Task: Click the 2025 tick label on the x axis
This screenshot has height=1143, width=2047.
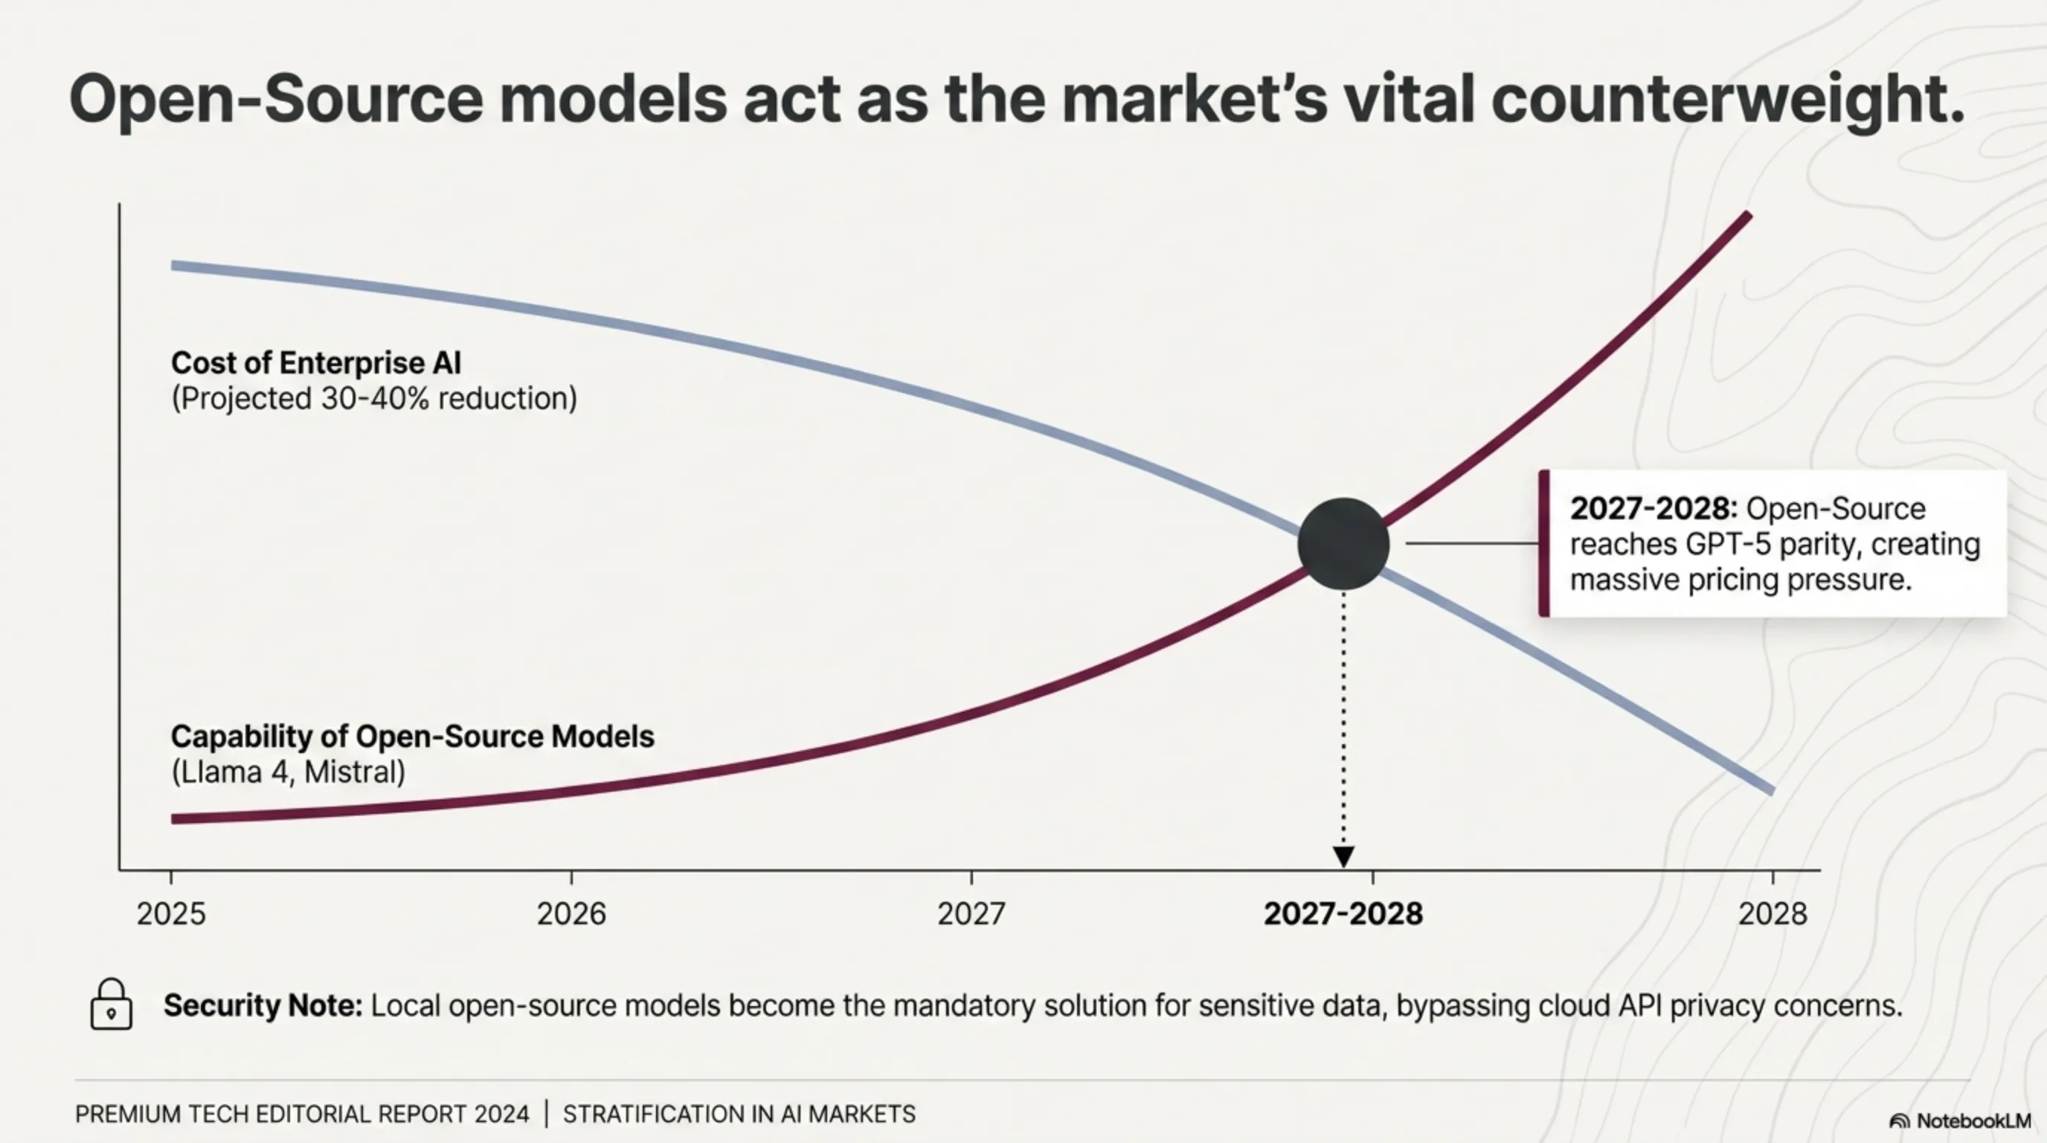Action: [171, 914]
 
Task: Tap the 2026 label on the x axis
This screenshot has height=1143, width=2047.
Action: [571, 914]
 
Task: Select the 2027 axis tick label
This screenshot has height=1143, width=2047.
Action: [971, 914]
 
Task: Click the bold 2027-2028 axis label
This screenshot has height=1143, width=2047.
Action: [1343, 914]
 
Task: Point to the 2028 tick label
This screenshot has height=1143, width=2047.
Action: [1772, 914]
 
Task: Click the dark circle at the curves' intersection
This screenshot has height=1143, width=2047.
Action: [1343, 544]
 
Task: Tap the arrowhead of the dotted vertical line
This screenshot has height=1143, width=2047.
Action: [1343, 856]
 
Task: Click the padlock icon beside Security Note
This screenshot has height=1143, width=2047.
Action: [112, 1005]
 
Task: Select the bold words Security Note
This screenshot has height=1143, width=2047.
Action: [263, 1005]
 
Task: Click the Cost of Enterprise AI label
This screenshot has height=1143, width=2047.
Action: [316, 363]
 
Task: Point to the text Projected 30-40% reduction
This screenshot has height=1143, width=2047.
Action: [374, 398]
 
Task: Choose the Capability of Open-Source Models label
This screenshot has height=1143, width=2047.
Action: [412, 737]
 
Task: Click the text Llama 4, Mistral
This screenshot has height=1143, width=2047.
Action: [289, 772]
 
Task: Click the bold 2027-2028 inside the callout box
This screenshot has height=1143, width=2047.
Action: [1653, 509]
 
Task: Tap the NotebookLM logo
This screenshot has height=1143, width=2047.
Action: [1959, 1121]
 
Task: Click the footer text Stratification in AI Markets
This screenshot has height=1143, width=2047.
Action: [739, 1115]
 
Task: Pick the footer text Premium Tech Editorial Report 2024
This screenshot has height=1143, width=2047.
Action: [302, 1115]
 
